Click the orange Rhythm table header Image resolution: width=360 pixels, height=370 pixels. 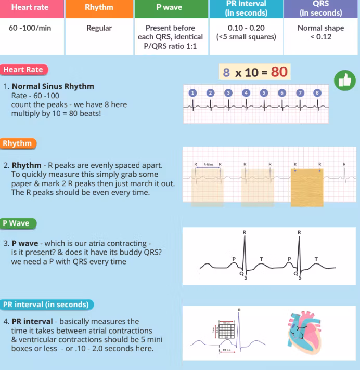[99, 8]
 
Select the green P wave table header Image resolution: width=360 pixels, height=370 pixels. [170, 8]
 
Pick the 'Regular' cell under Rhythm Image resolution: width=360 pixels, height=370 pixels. [99, 28]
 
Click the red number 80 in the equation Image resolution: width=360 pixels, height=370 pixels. [279, 72]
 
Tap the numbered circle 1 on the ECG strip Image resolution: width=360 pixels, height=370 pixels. [192, 92]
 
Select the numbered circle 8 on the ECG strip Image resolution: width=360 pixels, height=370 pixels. [317, 92]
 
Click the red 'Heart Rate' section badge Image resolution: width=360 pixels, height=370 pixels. [23, 70]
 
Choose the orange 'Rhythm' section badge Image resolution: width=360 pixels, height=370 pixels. [17, 143]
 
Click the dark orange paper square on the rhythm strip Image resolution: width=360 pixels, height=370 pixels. [307, 186]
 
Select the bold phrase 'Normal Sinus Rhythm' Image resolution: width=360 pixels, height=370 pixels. [53, 86]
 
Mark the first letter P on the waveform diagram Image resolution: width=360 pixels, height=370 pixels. [234, 258]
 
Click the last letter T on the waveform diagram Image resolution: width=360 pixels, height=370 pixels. [316, 258]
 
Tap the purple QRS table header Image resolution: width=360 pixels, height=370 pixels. [321, 8]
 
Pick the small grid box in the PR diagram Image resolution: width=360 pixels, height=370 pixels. [226, 331]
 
